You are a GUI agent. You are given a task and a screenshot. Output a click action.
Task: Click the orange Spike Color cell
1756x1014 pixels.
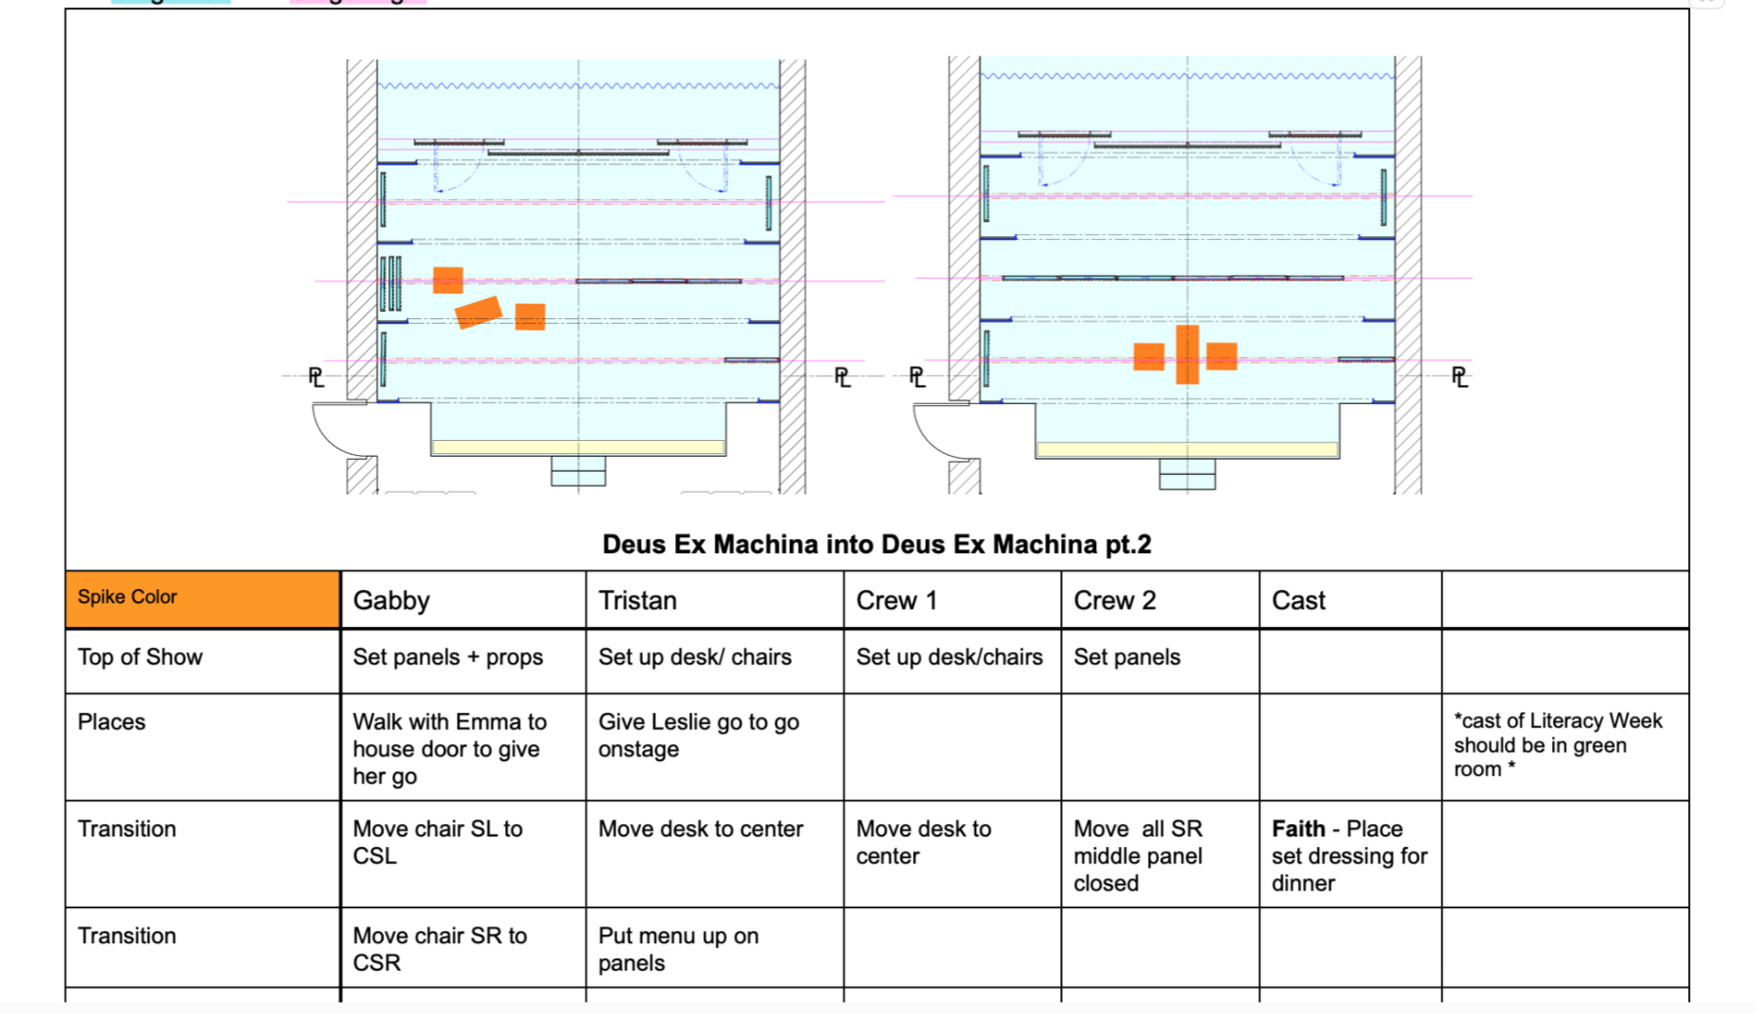point(202,599)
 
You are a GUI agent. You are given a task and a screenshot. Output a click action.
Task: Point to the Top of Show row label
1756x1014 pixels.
point(140,657)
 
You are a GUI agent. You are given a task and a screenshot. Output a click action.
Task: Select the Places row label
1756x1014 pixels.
point(111,722)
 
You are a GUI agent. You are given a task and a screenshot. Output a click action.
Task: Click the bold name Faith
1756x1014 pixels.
point(1298,829)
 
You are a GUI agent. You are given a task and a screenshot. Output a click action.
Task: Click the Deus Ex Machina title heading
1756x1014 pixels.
point(876,545)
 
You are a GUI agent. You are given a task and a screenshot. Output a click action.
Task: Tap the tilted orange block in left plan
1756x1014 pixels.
point(478,312)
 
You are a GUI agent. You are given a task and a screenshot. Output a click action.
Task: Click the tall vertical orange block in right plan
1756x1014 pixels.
point(1187,355)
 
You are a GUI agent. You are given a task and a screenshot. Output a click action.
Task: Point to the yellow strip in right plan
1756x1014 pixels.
point(1187,450)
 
